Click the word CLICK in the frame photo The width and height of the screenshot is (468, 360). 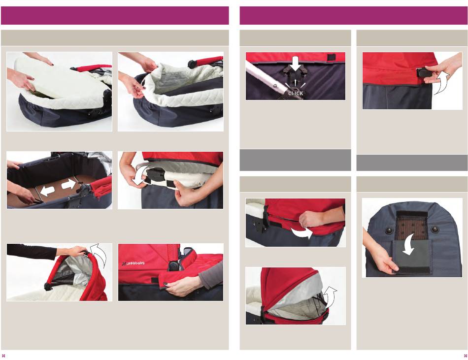296,94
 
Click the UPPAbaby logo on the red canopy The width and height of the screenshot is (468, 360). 133,263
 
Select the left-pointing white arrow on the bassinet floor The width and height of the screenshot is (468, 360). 48,190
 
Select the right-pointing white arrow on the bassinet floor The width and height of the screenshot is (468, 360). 68,185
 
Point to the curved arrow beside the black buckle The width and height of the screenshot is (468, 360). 138,176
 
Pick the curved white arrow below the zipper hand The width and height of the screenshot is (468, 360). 302,233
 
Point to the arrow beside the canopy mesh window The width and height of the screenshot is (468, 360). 330,297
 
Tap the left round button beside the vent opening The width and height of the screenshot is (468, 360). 389,230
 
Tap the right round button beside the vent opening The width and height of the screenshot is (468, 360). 435,229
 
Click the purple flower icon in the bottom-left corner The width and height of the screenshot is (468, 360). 3,356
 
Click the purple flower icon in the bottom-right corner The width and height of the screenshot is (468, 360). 466,356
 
